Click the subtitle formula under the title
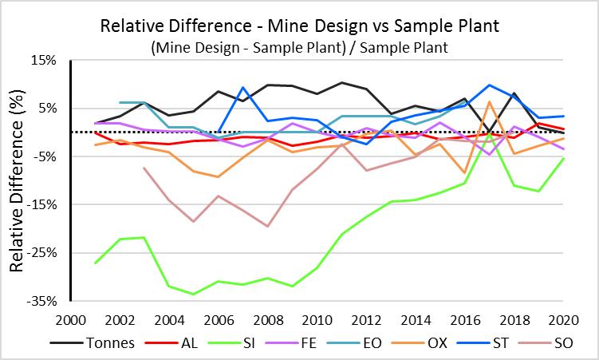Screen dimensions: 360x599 coord(299,48)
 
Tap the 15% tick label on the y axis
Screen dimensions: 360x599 coord(44,60)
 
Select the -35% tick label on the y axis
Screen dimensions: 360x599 coord(41,302)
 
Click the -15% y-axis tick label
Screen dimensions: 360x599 coord(41,205)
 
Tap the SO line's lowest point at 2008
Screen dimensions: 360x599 coord(267,226)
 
